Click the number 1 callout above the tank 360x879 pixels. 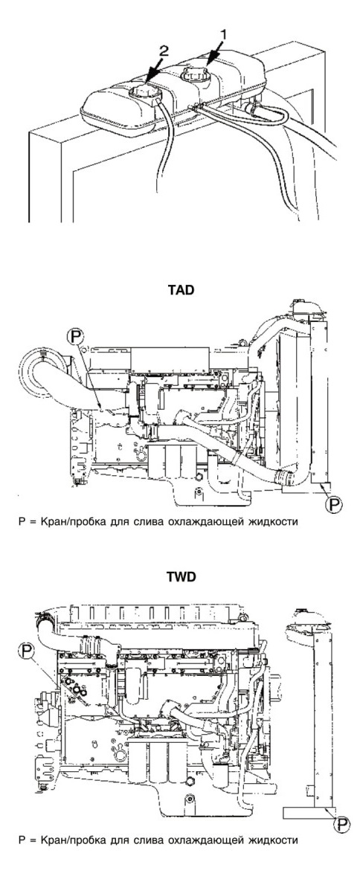click(x=224, y=35)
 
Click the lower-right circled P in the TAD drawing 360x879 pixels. click(x=334, y=504)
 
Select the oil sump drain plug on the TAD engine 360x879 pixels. click(x=197, y=492)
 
